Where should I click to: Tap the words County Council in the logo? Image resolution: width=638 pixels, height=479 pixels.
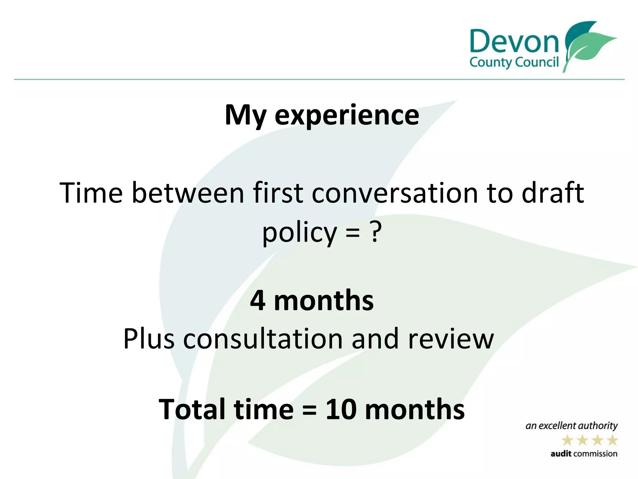(x=514, y=62)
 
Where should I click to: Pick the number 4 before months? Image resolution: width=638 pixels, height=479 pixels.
(x=258, y=300)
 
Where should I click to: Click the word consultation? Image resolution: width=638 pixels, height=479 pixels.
(x=263, y=339)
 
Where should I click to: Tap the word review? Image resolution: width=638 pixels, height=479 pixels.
(x=451, y=339)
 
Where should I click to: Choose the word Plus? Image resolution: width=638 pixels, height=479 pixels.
(x=149, y=339)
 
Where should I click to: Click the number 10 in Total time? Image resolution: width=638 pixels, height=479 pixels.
(x=340, y=409)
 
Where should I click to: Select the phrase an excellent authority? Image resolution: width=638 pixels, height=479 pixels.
(x=571, y=426)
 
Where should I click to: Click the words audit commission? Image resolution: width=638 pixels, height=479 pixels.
(x=584, y=454)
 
